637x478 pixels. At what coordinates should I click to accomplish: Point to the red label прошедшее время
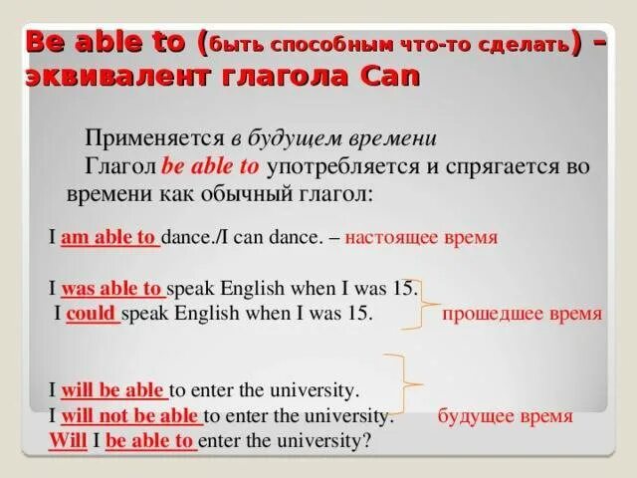point(522,314)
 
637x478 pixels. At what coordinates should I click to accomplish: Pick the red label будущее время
point(505,415)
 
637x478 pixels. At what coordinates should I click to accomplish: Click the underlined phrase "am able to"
point(109,239)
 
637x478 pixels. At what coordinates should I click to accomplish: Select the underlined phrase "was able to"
point(112,290)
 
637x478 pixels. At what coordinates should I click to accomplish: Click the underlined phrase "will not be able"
point(131,415)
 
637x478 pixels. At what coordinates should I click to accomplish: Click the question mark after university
point(367,439)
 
